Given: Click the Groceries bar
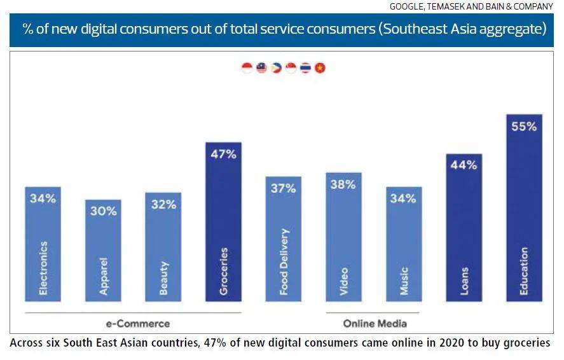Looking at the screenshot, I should pos(223,223).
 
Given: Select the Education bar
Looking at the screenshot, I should pos(524,210).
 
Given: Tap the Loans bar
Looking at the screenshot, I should pos(464,229).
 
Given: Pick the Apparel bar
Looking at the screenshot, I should pos(103,251).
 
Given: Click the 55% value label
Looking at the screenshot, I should pos(524,127).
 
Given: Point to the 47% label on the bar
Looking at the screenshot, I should pos(223,155).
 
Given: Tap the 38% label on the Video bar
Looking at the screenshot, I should pos(343,184).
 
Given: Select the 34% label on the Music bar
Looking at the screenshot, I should pos(403,198).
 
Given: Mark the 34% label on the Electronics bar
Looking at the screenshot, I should pos(43,198).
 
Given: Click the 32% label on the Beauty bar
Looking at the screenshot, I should pos(163,205).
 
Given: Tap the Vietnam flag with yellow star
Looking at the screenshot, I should pos(320,68).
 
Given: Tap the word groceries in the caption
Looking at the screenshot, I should pos(521,343).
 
